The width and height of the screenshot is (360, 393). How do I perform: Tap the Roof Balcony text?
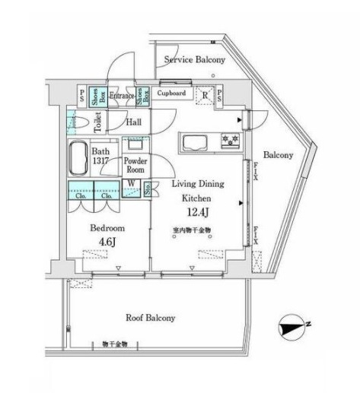150,318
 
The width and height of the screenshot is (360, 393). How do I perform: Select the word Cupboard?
172,93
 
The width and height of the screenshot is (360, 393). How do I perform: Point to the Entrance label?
122,96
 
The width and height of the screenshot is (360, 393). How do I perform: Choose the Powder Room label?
135,165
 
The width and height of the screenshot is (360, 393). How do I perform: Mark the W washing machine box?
132,184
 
